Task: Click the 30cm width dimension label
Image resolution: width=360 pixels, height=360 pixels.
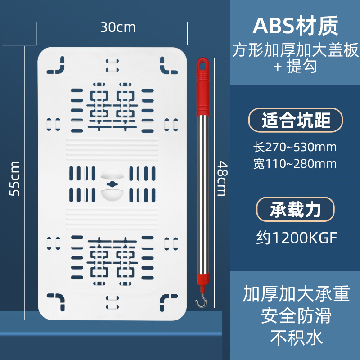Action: pyautogui.click(x=117, y=27)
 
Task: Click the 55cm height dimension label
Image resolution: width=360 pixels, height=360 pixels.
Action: pyautogui.click(x=15, y=178)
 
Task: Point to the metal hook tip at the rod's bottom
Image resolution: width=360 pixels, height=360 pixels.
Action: pyautogui.click(x=198, y=302)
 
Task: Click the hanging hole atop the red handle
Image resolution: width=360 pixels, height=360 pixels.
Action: pyautogui.click(x=202, y=64)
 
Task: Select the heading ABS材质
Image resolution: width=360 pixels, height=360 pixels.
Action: pyautogui.click(x=295, y=27)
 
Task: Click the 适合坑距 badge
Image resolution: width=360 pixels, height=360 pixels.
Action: pyautogui.click(x=296, y=120)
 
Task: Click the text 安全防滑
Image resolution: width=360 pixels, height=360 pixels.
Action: pyautogui.click(x=296, y=316)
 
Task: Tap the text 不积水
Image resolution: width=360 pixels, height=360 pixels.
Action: pyautogui.click(x=296, y=337)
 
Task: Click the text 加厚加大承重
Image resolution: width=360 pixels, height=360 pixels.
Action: pyautogui.click(x=296, y=295)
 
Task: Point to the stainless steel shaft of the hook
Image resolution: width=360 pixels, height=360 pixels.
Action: pyautogui.click(x=202, y=193)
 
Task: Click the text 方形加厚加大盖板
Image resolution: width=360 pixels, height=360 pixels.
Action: pyautogui.click(x=296, y=50)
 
